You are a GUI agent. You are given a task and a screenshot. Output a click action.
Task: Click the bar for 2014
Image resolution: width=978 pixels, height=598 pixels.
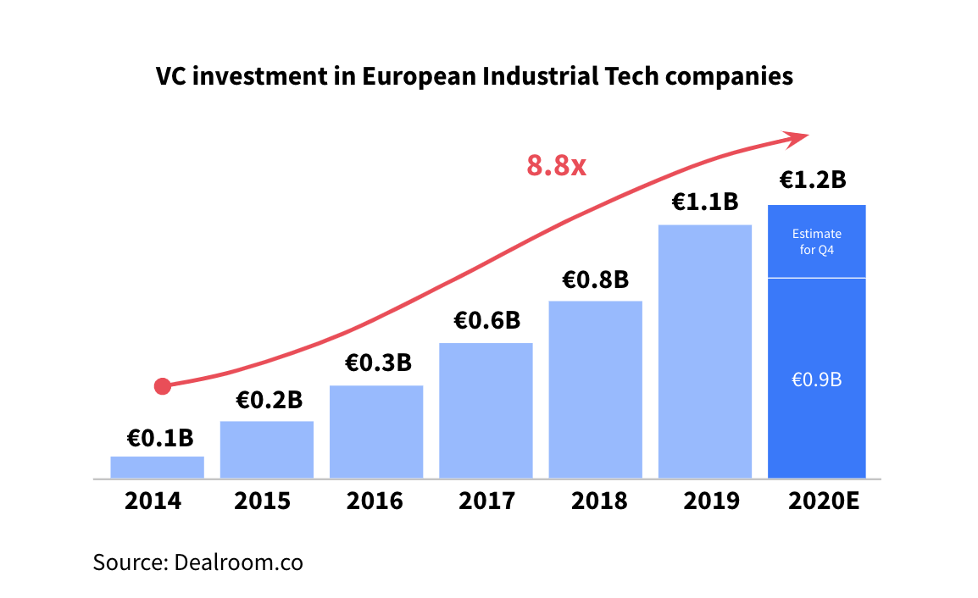click(x=157, y=468)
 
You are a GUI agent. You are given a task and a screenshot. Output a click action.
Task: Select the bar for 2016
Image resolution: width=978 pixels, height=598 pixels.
click(x=376, y=432)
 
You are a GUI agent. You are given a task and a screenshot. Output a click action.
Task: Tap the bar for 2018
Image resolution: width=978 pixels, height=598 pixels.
click(x=595, y=390)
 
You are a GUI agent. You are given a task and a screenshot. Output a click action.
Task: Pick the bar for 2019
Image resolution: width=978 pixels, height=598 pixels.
click(x=705, y=352)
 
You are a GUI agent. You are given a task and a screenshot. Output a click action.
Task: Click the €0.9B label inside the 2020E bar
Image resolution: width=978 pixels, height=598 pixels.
click(x=816, y=379)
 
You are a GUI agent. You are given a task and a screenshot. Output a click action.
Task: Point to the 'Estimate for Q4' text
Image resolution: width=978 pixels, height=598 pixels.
click(x=816, y=241)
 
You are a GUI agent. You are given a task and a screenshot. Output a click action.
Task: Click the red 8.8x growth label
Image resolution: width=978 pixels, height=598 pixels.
click(x=556, y=164)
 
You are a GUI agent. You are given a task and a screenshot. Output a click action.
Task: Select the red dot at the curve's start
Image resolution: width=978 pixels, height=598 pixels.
click(x=163, y=386)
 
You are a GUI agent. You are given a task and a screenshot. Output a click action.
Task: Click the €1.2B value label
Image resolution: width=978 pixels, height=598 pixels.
click(x=813, y=180)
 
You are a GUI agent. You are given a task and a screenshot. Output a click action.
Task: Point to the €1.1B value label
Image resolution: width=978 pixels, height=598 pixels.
click(x=705, y=202)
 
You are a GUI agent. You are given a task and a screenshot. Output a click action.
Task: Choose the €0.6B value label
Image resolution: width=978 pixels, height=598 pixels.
click(x=486, y=320)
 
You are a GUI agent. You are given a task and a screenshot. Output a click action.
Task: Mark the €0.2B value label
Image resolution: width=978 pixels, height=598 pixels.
click(x=268, y=400)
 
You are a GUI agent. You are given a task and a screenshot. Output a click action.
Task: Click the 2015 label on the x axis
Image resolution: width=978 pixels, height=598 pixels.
click(x=263, y=501)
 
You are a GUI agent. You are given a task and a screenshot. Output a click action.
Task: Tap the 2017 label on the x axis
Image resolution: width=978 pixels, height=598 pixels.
click(x=486, y=501)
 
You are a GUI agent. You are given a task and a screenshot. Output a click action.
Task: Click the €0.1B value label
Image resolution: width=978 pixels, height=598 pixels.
click(x=159, y=438)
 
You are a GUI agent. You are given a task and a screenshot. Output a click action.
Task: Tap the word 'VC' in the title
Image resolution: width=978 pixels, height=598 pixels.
click(x=170, y=76)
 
